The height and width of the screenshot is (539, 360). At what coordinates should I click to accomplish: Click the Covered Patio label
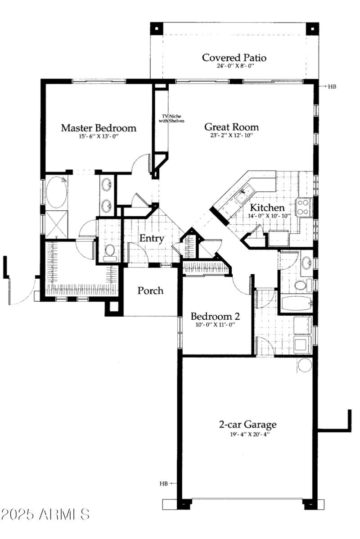(234, 58)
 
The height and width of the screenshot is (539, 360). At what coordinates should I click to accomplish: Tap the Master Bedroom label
(99, 128)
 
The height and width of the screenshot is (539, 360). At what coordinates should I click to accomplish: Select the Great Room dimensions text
(231, 136)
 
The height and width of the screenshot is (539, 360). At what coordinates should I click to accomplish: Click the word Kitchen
(267, 208)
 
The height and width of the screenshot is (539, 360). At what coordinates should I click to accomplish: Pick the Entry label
(151, 239)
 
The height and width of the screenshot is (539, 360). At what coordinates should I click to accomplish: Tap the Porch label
(150, 290)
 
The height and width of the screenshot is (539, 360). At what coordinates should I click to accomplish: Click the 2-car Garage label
(247, 424)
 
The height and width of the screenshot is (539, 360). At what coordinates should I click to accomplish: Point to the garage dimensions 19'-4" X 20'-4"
(247, 434)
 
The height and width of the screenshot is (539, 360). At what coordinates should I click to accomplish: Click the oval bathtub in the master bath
(56, 192)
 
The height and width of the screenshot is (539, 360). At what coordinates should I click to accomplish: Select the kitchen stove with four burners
(303, 208)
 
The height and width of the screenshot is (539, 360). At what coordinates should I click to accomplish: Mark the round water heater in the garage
(305, 365)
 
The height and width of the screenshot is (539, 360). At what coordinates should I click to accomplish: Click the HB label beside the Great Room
(332, 86)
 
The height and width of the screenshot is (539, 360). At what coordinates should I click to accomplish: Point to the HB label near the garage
(163, 484)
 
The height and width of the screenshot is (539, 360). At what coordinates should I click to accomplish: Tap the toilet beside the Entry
(109, 251)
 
